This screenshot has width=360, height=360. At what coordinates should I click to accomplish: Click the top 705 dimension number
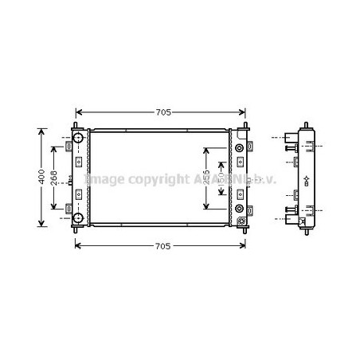[x=162, y=112]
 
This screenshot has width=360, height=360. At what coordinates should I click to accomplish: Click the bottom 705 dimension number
[x=162, y=247]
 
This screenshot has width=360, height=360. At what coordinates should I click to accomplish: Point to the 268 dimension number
[x=53, y=178]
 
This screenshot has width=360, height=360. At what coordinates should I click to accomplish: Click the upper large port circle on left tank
[x=79, y=139]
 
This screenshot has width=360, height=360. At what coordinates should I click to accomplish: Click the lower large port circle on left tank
[x=79, y=218]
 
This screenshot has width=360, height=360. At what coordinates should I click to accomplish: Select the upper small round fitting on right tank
[x=241, y=149]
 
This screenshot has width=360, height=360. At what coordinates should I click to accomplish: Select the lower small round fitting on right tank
[x=241, y=209]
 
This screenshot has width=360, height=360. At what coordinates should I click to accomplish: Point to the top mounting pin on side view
[x=306, y=124]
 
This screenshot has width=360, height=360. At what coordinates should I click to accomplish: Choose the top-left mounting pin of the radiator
[x=76, y=125]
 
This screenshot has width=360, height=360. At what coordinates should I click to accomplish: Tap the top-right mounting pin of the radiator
[x=246, y=125]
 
